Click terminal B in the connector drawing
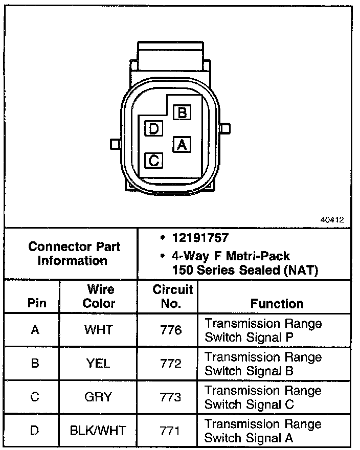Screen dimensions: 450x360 click(182, 112)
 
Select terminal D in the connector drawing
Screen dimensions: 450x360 click(153, 128)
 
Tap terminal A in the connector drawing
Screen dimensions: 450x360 click(182, 145)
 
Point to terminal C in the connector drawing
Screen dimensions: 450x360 click(153, 161)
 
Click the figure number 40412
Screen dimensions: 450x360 click(332, 220)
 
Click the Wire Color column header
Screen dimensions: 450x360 click(99, 297)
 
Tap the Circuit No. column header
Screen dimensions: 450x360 click(173, 297)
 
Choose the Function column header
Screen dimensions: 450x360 click(277, 303)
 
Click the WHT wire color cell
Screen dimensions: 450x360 click(99, 330)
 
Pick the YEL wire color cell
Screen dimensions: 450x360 click(99, 364)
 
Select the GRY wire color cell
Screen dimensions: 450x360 click(99, 397)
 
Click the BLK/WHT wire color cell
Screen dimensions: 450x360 click(99, 431)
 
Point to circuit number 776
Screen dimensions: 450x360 click(170, 330)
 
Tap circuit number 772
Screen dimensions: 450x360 click(170, 364)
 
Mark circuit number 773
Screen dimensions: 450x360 click(170, 397)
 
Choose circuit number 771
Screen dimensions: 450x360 click(170, 431)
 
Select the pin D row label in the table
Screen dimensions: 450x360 click(34, 431)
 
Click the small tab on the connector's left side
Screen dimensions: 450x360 click(115, 144)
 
